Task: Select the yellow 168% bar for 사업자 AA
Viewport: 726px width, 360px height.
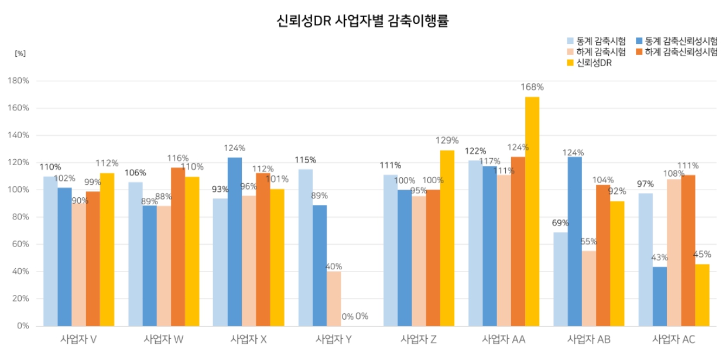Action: [532, 211]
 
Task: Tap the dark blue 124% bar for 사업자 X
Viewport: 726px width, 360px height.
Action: [234, 241]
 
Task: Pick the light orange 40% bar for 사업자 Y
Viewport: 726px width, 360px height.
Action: [334, 299]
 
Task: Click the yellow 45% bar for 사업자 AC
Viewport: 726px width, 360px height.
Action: [702, 295]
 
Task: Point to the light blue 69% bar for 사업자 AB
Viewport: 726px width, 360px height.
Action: [561, 279]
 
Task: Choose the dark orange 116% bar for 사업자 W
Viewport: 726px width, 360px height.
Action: [178, 246]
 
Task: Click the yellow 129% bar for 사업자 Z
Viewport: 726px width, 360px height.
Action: [447, 238]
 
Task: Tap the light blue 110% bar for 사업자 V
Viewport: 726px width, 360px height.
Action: [50, 251]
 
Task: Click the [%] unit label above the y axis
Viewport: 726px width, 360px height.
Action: [20, 53]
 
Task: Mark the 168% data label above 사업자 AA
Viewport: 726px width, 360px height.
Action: [532, 87]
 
